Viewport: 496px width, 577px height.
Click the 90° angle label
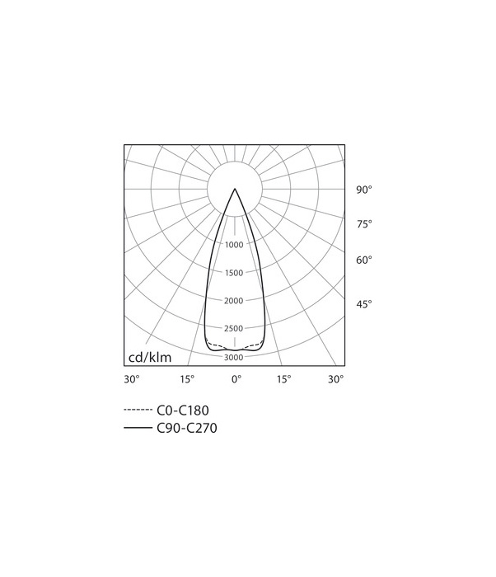click(x=364, y=190)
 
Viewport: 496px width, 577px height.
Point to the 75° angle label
click(x=364, y=224)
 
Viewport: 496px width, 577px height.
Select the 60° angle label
click(x=364, y=260)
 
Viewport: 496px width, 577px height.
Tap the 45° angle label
click(x=364, y=304)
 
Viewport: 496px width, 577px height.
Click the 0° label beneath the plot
click(x=236, y=379)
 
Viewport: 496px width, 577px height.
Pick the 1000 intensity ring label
click(x=234, y=245)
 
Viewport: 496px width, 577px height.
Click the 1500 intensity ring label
click(x=234, y=273)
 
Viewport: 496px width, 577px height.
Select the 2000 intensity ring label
click(x=234, y=301)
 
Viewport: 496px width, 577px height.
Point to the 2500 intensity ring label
click(x=234, y=329)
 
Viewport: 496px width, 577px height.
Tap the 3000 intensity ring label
click(x=234, y=357)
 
